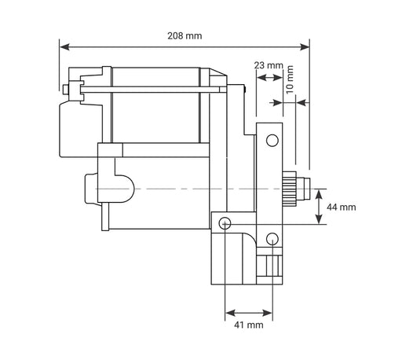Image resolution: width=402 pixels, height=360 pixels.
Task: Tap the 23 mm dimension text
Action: pyautogui.click(x=269, y=66)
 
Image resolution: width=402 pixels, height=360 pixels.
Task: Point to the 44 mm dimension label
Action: pyautogui.click(x=342, y=207)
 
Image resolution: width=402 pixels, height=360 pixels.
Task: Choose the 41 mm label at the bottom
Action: pyautogui.click(x=249, y=325)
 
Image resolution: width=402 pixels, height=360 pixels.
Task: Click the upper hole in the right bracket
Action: pyautogui.click(x=272, y=141)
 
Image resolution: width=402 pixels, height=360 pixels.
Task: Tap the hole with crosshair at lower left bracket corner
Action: pyautogui.click(x=225, y=223)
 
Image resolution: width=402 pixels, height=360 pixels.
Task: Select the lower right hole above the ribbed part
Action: pyautogui.click(x=272, y=237)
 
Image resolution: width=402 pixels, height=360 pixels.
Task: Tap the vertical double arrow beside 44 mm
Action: pyautogui.click(x=318, y=207)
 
